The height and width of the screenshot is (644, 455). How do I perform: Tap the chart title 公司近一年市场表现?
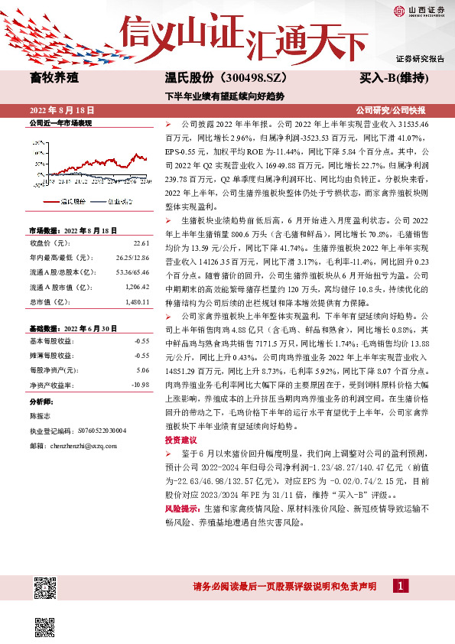(60, 122)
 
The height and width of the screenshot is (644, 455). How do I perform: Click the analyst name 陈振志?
(41, 416)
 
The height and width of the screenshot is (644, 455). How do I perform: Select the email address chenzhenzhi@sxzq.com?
(83, 444)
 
